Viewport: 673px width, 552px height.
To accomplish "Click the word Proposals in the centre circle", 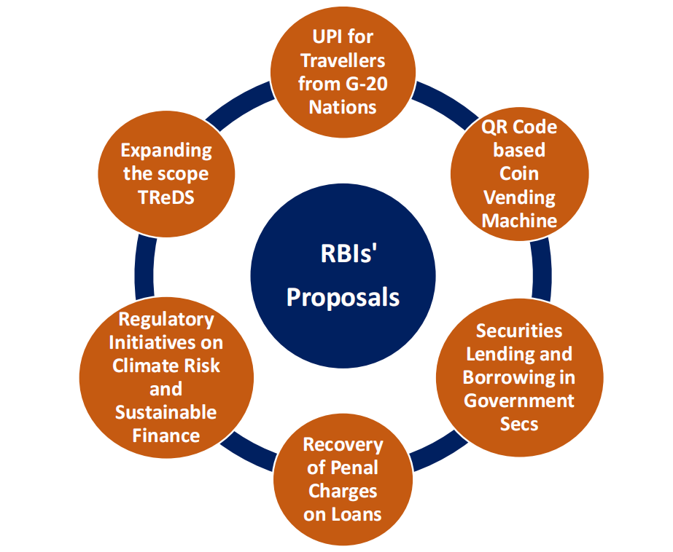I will pos(343,297).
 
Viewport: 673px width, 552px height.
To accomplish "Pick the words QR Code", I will pos(519,127).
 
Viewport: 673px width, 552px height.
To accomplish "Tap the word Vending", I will pos(519,197).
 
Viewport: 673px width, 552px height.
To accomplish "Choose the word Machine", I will pos(519,220).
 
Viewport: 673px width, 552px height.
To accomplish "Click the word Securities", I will pos(519,331).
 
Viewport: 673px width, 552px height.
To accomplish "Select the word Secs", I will pos(519,424).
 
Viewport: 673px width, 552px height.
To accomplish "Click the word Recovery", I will pos(343,444).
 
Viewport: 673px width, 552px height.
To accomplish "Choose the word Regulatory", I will pos(166,319).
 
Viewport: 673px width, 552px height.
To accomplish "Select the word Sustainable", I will pos(166,412).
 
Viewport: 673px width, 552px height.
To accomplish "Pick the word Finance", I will pos(166,435).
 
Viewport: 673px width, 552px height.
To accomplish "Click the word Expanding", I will pos(166,150).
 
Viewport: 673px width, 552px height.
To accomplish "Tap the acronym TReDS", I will pos(166,197).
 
